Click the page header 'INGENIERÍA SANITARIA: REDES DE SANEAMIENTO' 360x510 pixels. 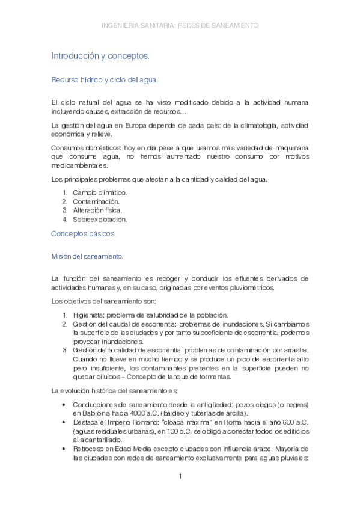180,26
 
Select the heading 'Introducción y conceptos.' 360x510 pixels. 100,55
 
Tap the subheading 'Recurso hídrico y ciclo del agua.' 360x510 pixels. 105,79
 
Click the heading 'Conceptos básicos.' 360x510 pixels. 84,233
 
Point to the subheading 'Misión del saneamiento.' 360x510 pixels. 87,257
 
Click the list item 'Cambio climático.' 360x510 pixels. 100,192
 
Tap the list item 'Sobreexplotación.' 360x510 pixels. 100,220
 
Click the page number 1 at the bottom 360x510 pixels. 180,477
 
